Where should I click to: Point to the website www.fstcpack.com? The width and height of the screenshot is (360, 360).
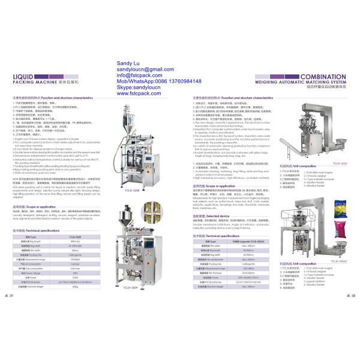tap(140, 94)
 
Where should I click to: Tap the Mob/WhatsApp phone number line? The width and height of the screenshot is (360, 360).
tap(157, 81)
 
